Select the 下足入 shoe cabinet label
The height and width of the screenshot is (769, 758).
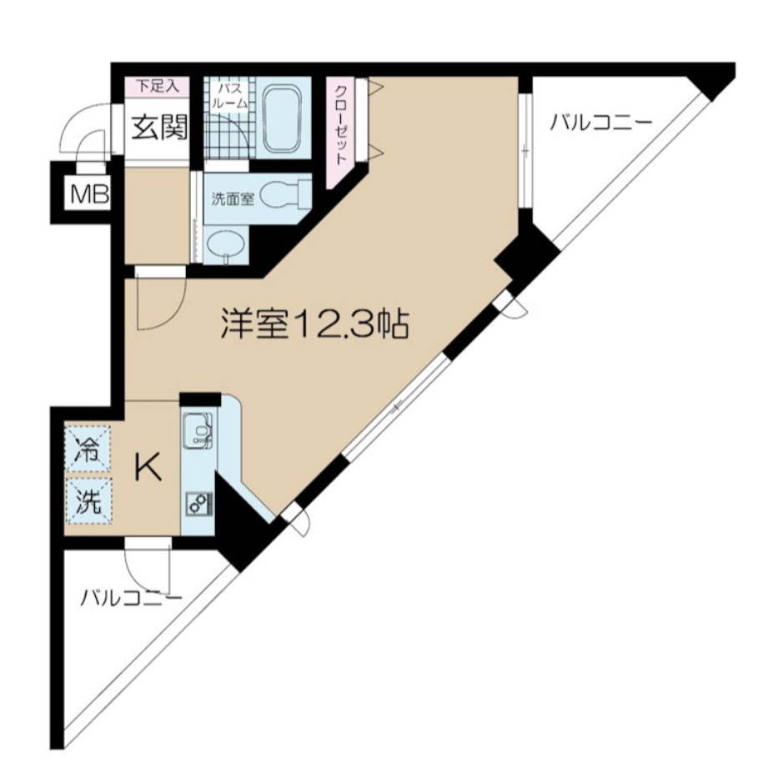point(157,85)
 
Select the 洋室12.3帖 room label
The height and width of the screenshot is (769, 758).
point(314,324)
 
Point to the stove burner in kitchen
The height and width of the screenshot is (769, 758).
point(198,503)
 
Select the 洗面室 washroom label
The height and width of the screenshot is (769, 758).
point(228,199)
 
